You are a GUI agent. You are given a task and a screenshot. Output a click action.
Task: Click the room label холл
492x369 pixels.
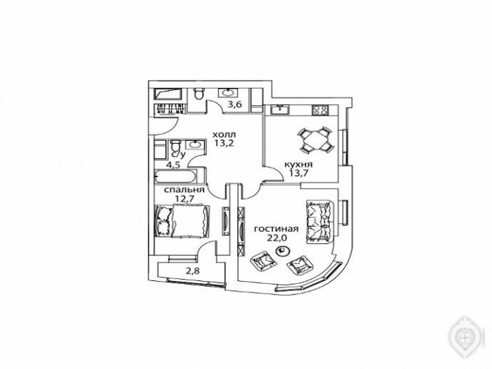(225, 134)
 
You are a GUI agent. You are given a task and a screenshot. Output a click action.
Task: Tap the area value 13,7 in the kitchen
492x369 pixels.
(298, 173)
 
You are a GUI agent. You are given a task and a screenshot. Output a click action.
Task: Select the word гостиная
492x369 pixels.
(276, 229)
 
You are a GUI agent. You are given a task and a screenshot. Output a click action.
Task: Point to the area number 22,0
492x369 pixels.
(277, 237)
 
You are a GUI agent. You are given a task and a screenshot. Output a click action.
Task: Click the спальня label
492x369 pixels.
(184, 190)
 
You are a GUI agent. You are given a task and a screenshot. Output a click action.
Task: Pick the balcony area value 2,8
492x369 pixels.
(192, 271)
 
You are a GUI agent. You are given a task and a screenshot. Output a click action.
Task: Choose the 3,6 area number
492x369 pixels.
(235, 104)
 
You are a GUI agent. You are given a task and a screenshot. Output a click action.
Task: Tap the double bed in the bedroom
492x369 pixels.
(182, 221)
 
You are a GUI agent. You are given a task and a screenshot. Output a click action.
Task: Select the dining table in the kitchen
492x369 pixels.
(315, 140)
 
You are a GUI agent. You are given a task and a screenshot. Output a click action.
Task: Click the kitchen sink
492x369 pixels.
(280, 109)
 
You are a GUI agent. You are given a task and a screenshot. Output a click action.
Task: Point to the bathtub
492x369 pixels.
(176, 176)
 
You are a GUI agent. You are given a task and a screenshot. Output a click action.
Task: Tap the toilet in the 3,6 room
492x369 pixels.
(199, 94)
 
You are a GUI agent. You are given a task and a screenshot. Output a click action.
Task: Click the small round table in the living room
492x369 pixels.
(282, 251)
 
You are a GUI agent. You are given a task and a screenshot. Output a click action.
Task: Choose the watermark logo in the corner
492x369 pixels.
(466, 338)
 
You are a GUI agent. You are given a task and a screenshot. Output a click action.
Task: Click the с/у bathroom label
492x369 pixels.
(179, 154)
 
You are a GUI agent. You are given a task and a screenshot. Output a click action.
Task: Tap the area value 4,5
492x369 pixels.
(173, 165)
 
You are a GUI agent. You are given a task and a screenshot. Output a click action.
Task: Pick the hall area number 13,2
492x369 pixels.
(225, 144)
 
